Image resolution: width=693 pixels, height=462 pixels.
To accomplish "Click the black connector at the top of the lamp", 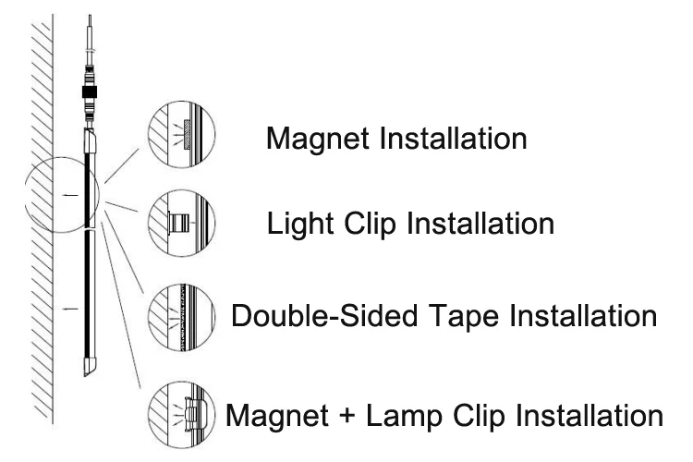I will click(x=90, y=93).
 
